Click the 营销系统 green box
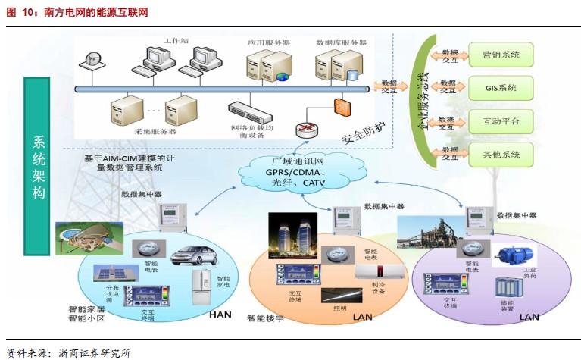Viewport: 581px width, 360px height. [x=501, y=55]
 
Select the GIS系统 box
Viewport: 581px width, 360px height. [x=501, y=88]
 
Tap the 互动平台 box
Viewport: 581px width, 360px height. [x=501, y=121]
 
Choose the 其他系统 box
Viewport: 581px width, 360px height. [x=501, y=155]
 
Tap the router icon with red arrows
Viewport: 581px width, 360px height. [x=308, y=128]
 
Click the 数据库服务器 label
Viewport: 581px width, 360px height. [x=342, y=43]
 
